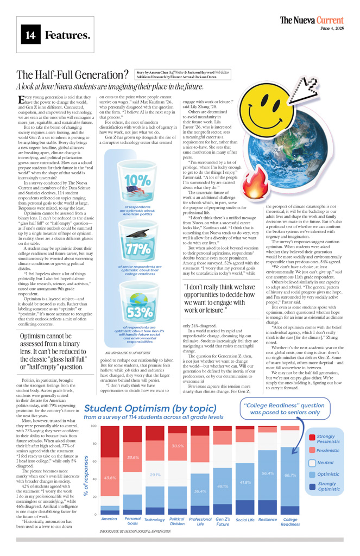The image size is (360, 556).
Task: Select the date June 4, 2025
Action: tap(332, 28)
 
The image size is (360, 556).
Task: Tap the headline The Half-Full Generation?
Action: tap(72, 75)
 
